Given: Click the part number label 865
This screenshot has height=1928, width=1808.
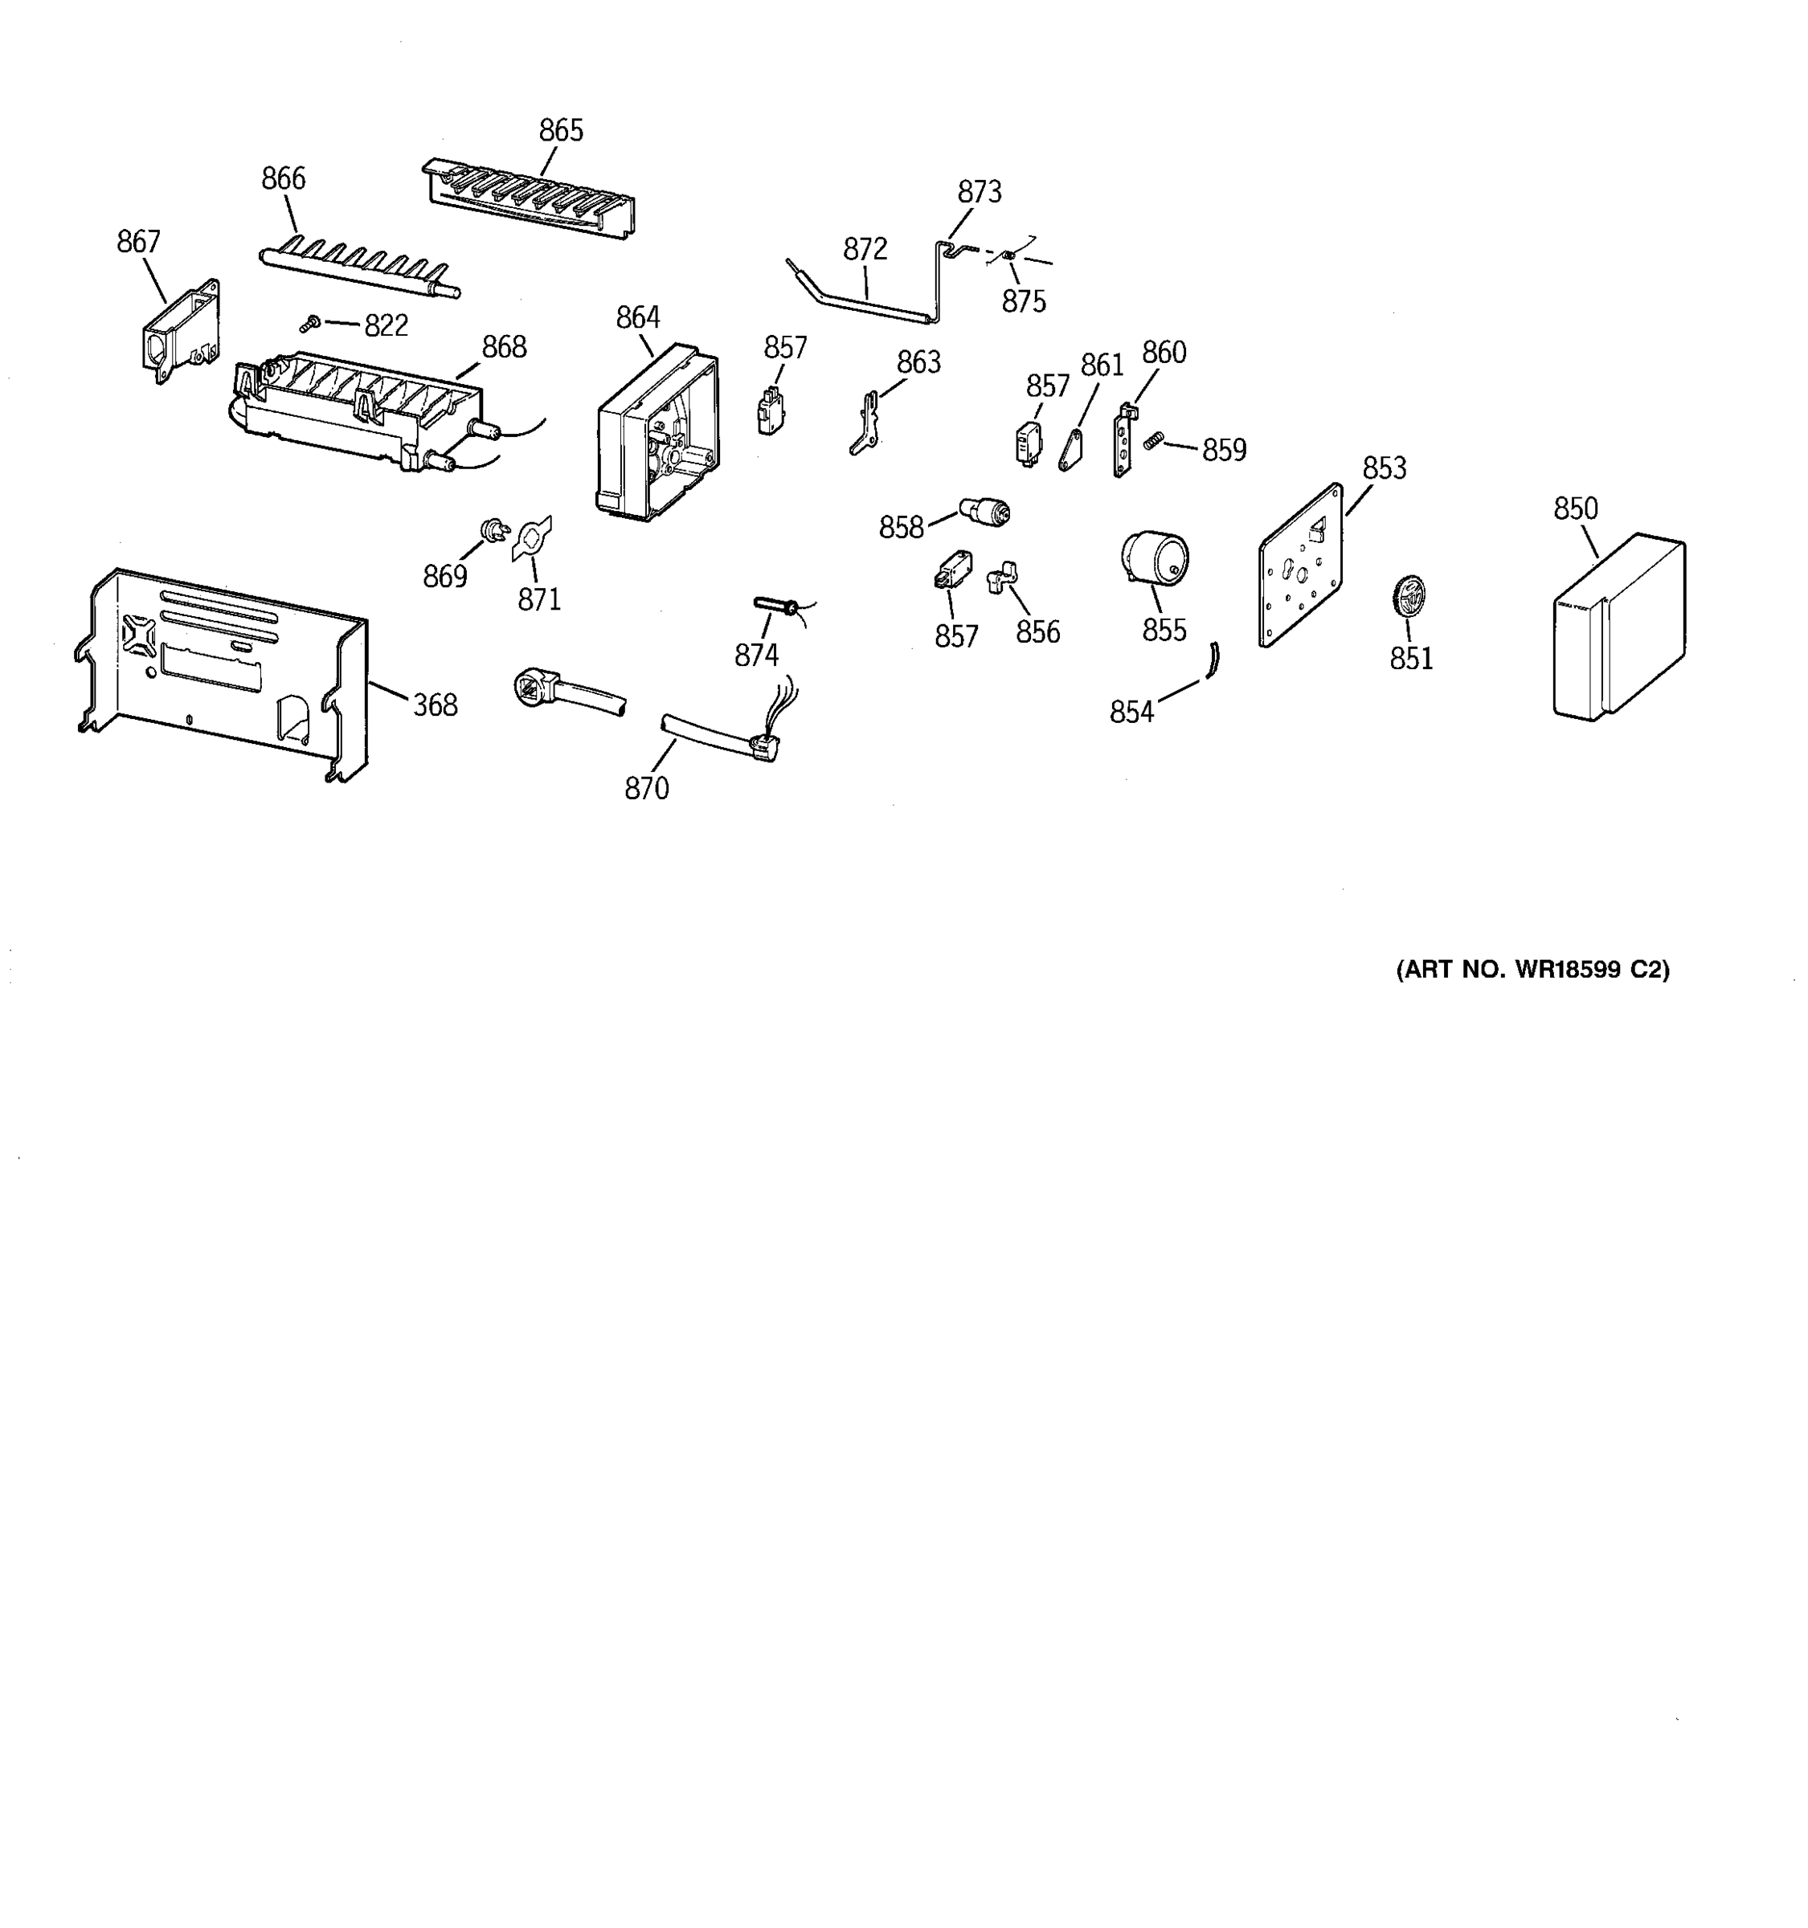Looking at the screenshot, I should coord(561,130).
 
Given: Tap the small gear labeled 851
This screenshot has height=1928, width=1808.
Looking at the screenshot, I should coord(1407,594).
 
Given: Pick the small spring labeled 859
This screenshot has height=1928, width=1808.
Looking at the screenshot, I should coord(1152,440).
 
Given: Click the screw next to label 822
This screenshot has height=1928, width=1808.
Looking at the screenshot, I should coord(311,323).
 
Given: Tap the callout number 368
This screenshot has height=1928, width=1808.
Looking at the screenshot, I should coord(435,705).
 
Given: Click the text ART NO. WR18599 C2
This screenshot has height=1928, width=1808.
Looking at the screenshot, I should coord(1532,970).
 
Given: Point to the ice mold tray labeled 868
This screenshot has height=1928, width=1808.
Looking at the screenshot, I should coord(359,407).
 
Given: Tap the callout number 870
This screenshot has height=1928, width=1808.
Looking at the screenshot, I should coord(646,788).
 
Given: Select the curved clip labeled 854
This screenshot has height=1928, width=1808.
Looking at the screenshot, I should coord(1213,660).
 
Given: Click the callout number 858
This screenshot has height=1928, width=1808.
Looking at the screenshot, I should coord(900,528).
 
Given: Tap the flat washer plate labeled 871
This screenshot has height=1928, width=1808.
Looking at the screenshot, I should coord(530,538).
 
